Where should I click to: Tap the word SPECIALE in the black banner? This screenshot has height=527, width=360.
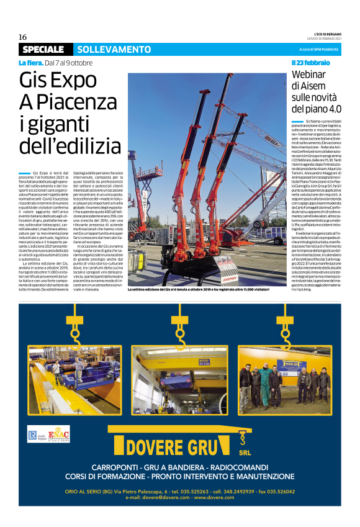(43, 49)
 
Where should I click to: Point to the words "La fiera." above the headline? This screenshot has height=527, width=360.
(30, 63)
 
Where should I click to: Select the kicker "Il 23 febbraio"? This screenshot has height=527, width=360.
(310, 63)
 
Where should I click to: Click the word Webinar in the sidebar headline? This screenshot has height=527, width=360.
(309, 75)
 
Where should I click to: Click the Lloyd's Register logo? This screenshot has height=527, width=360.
(35, 434)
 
